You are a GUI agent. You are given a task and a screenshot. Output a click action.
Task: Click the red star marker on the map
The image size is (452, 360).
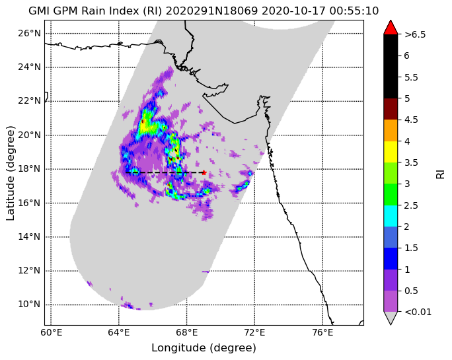coord(204,172)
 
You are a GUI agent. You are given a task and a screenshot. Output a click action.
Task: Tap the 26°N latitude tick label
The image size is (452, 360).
coord(29,34)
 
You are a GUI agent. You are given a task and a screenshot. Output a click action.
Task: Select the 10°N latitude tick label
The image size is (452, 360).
coord(29,305)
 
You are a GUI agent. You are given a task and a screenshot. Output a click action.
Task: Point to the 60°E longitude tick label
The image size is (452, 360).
coord(51,333)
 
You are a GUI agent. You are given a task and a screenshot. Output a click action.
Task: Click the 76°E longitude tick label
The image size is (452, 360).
coord(322,333)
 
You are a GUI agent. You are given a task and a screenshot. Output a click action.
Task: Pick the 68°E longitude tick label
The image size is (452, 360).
coord(186,333)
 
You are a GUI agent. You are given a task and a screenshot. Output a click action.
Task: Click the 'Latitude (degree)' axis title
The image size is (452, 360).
coord(10,173)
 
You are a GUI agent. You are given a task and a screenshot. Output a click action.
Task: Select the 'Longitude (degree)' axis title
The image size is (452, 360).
coord(204,348)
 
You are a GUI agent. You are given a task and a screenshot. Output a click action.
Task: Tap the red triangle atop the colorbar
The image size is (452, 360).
coord(391,27)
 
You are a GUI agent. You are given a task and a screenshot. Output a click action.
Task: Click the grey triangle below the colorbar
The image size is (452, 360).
coord(391,318)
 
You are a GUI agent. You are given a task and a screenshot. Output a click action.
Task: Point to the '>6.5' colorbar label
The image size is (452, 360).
coord(415,34)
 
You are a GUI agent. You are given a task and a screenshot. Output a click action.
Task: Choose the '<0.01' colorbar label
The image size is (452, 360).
coord(418,312)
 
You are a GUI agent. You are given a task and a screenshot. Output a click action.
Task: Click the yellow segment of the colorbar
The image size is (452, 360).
coord(391,152)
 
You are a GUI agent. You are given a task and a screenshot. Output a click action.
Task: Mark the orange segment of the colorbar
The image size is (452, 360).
coord(391,131)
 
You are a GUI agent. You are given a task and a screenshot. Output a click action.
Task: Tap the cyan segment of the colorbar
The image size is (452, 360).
coord(391,216)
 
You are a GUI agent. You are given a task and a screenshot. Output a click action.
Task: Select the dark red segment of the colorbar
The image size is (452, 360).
coord(391,109)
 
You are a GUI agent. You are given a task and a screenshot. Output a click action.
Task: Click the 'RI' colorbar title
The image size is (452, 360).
coord(441,174)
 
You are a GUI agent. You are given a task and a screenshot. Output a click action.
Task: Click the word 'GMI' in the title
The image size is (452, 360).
coord(39,11)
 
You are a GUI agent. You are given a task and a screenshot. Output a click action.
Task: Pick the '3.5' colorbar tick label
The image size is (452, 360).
coord(411,163)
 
